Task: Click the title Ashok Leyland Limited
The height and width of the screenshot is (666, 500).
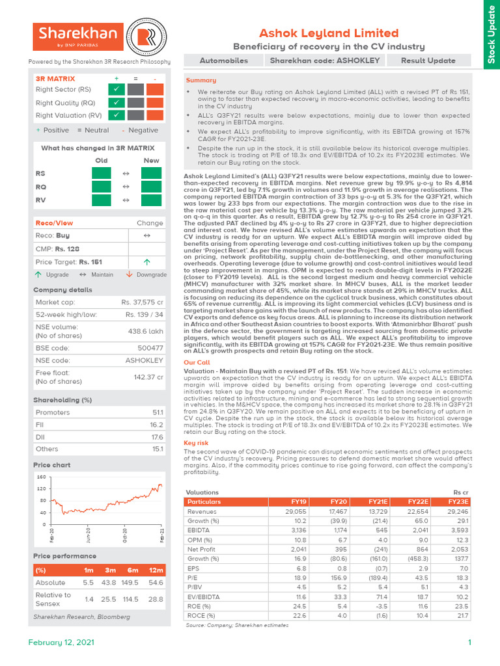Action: [x=329, y=33]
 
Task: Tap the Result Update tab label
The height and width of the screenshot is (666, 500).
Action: [x=428, y=60]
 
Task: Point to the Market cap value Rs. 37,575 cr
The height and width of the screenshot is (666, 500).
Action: [x=142, y=302]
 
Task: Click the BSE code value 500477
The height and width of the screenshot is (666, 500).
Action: [x=150, y=348]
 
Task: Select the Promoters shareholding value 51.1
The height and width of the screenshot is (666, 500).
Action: [x=157, y=412]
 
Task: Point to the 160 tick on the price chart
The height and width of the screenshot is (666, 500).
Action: [x=42, y=477]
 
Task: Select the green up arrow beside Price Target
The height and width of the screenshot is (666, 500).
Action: [x=146, y=261]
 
